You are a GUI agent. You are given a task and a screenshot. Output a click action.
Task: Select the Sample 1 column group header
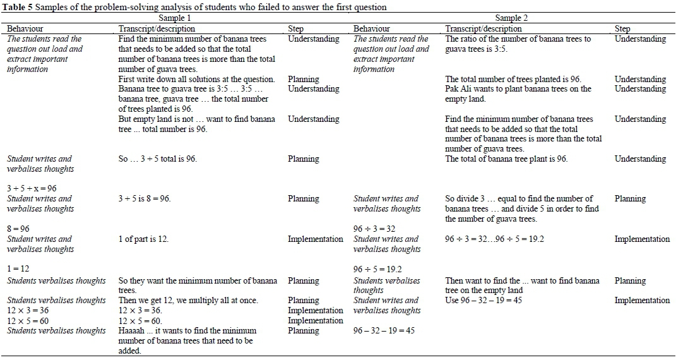[175, 18]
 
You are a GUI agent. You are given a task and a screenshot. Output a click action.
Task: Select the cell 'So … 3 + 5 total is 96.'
[157, 159]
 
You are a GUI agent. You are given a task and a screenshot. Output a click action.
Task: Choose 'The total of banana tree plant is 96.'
[506, 159]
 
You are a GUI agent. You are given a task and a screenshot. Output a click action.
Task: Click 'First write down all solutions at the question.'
[196, 79]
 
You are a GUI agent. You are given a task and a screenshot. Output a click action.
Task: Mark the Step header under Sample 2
[622, 28]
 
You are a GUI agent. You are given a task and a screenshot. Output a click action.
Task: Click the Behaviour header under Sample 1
[25, 28]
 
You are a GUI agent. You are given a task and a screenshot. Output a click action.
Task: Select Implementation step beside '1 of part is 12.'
[315, 239]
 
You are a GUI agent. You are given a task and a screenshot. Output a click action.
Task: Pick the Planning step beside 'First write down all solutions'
[304, 79]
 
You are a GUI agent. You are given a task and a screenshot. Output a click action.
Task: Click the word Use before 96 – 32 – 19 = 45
[453, 300]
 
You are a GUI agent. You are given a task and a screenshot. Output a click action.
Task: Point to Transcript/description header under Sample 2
[483, 28]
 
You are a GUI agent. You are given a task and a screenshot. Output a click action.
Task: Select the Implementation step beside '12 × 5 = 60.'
[315, 320]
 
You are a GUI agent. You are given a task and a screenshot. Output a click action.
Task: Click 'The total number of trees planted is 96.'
[513, 79]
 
